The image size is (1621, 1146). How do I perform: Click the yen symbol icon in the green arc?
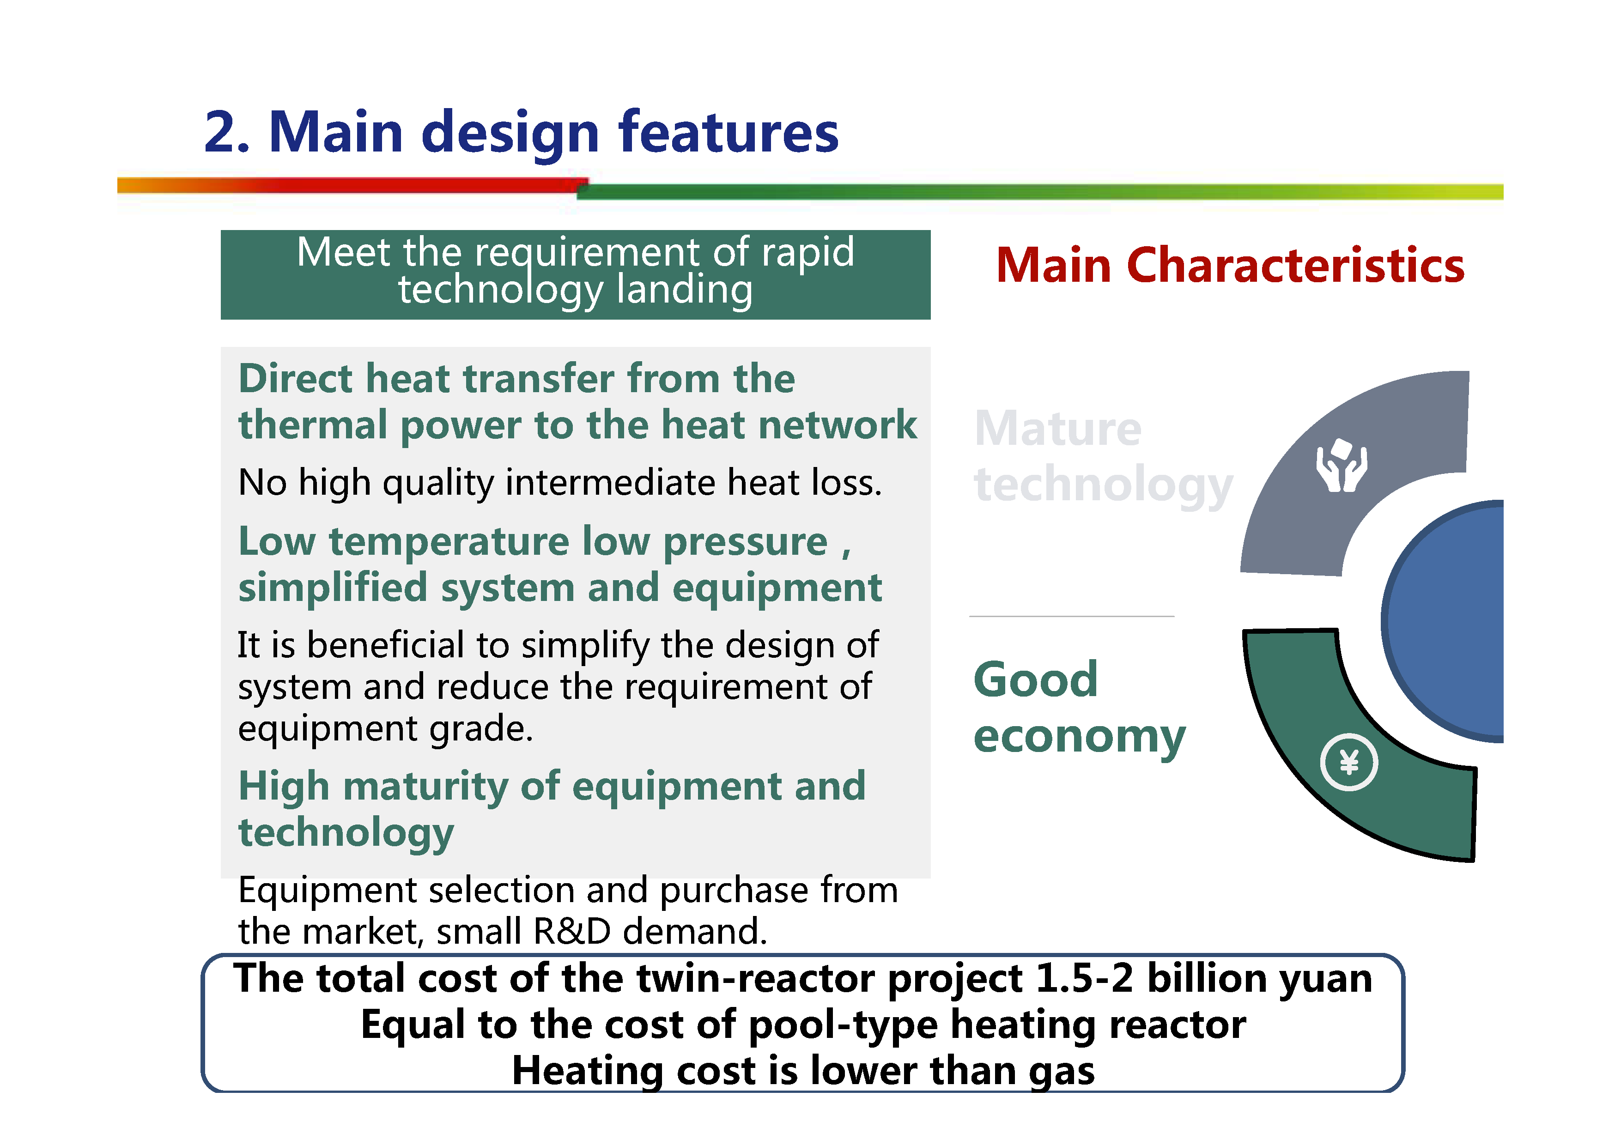tap(1348, 763)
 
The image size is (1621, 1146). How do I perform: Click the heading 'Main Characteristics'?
tap(1230, 266)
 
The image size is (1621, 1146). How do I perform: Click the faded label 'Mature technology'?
tap(1103, 457)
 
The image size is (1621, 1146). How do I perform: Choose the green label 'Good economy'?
tap(1079, 708)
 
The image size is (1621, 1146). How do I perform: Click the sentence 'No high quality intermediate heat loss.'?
tap(560, 483)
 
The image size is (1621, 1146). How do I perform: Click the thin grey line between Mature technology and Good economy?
tap(1072, 617)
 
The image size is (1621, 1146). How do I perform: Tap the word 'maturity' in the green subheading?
tap(425, 787)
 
